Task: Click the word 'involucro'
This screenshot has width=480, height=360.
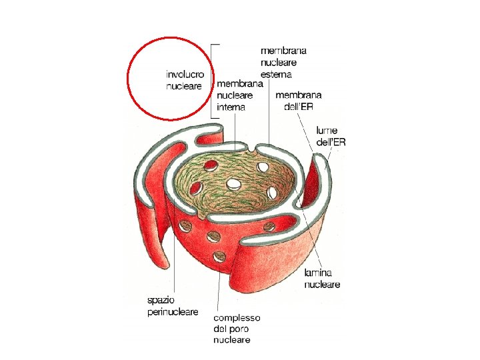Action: [x=185, y=75]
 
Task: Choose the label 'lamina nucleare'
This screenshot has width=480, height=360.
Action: [x=322, y=279]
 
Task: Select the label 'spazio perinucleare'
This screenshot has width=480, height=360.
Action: [x=173, y=306]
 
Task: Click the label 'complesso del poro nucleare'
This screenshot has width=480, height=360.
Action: [x=237, y=329]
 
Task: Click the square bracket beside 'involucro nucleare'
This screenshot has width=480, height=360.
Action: [x=213, y=81]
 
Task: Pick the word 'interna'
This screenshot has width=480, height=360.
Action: [x=231, y=107]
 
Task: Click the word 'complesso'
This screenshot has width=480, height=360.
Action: [x=237, y=318]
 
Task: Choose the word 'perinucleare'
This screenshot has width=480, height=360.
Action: [x=173, y=311]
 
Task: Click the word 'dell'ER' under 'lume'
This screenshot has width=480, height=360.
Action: [x=331, y=142]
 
